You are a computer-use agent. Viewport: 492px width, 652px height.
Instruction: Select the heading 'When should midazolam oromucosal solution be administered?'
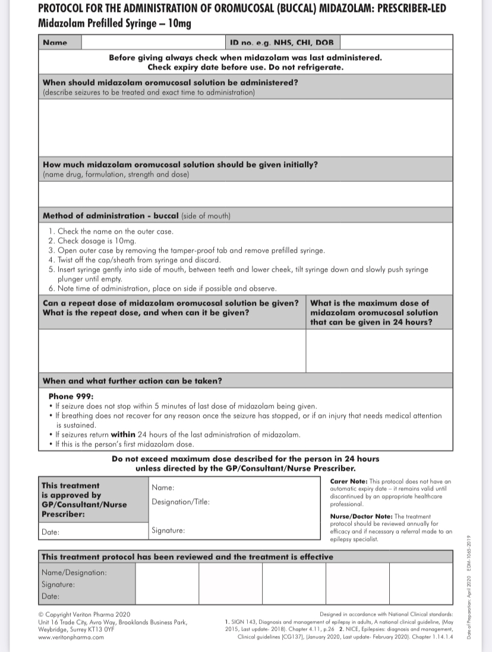click(171, 83)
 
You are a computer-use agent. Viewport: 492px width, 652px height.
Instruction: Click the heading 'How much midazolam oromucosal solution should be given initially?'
click(180, 165)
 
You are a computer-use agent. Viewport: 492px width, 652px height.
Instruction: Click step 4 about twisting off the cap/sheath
click(135, 260)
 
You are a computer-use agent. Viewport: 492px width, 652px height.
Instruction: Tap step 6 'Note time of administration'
click(162, 289)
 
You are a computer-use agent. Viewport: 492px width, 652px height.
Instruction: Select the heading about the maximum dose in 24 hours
click(374, 313)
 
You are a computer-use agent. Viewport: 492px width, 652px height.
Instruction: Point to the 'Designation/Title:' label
click(181, 502)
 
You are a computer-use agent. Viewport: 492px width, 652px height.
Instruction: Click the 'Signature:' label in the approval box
click(168, 530)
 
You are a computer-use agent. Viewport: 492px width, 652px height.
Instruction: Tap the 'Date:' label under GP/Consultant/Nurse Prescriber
click(51, 532)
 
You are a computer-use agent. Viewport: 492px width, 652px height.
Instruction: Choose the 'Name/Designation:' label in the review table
click(74, 572)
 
